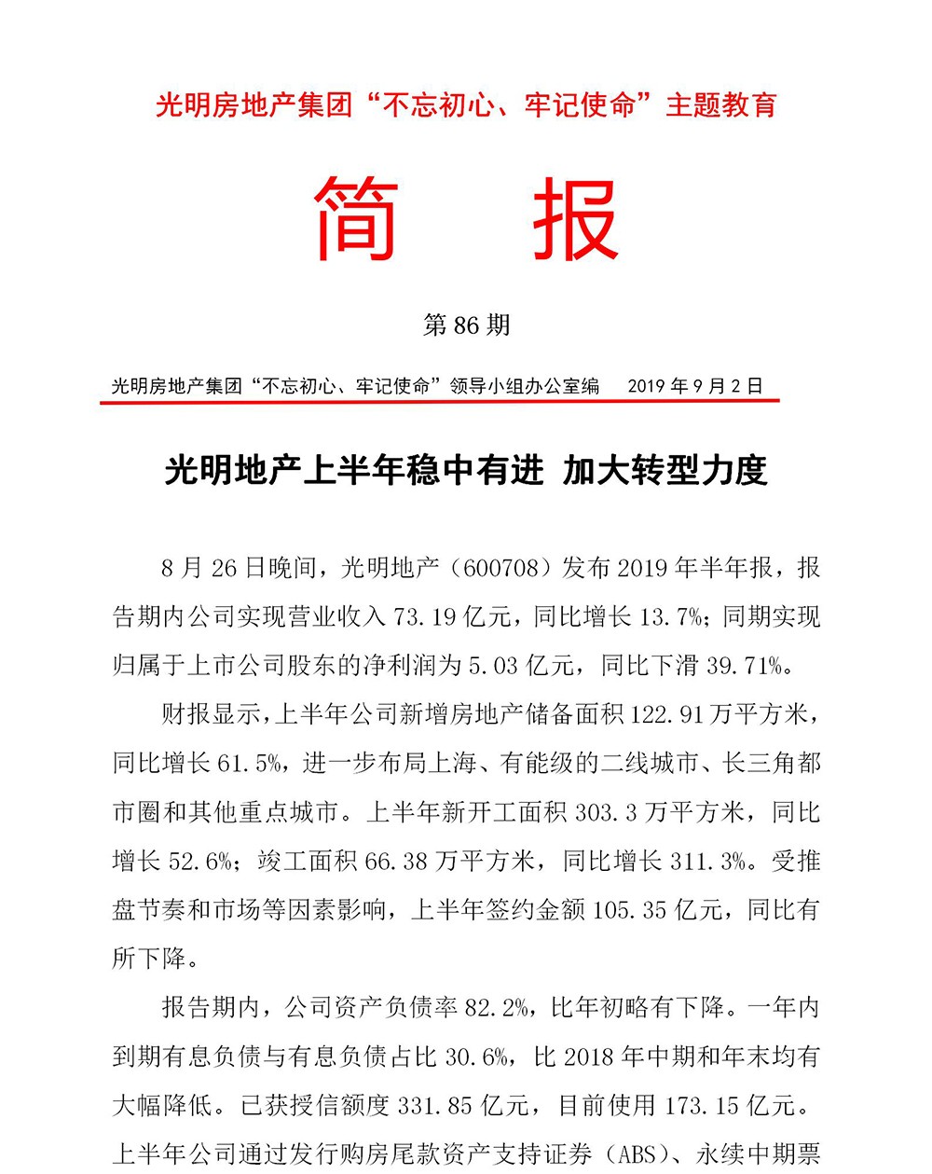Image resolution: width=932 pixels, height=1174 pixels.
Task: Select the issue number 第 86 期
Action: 466,325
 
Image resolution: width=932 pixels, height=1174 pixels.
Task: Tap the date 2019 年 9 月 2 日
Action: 695,386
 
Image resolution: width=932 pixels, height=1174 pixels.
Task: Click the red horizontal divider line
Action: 438,402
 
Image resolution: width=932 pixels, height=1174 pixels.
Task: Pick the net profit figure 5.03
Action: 493,666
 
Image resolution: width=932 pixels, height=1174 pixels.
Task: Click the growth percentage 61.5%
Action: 249,764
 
